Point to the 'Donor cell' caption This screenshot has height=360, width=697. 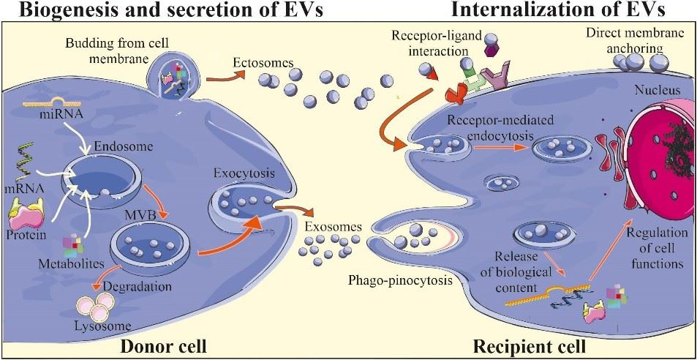coord(164,345)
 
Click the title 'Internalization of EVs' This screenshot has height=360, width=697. coord(568,10)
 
